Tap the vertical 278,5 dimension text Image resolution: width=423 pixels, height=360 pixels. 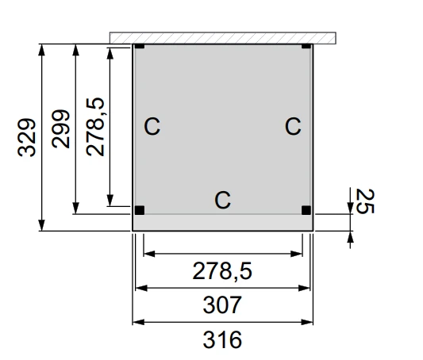click(96, 125)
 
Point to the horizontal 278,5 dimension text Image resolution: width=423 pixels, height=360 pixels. click(222, 271)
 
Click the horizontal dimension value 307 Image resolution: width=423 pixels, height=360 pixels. click(222, 304)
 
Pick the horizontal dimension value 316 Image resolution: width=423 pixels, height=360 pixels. click(222, 340)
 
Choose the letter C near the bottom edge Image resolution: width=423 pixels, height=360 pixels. click(223, 200)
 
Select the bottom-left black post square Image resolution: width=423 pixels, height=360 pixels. click(140, 210)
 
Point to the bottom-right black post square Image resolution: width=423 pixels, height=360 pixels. click(307, 210)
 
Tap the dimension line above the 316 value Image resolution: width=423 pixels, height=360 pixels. click(223, 322)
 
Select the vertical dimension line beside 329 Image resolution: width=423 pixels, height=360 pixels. click(42, 137)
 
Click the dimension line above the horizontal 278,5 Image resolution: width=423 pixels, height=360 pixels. click(223, 254)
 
